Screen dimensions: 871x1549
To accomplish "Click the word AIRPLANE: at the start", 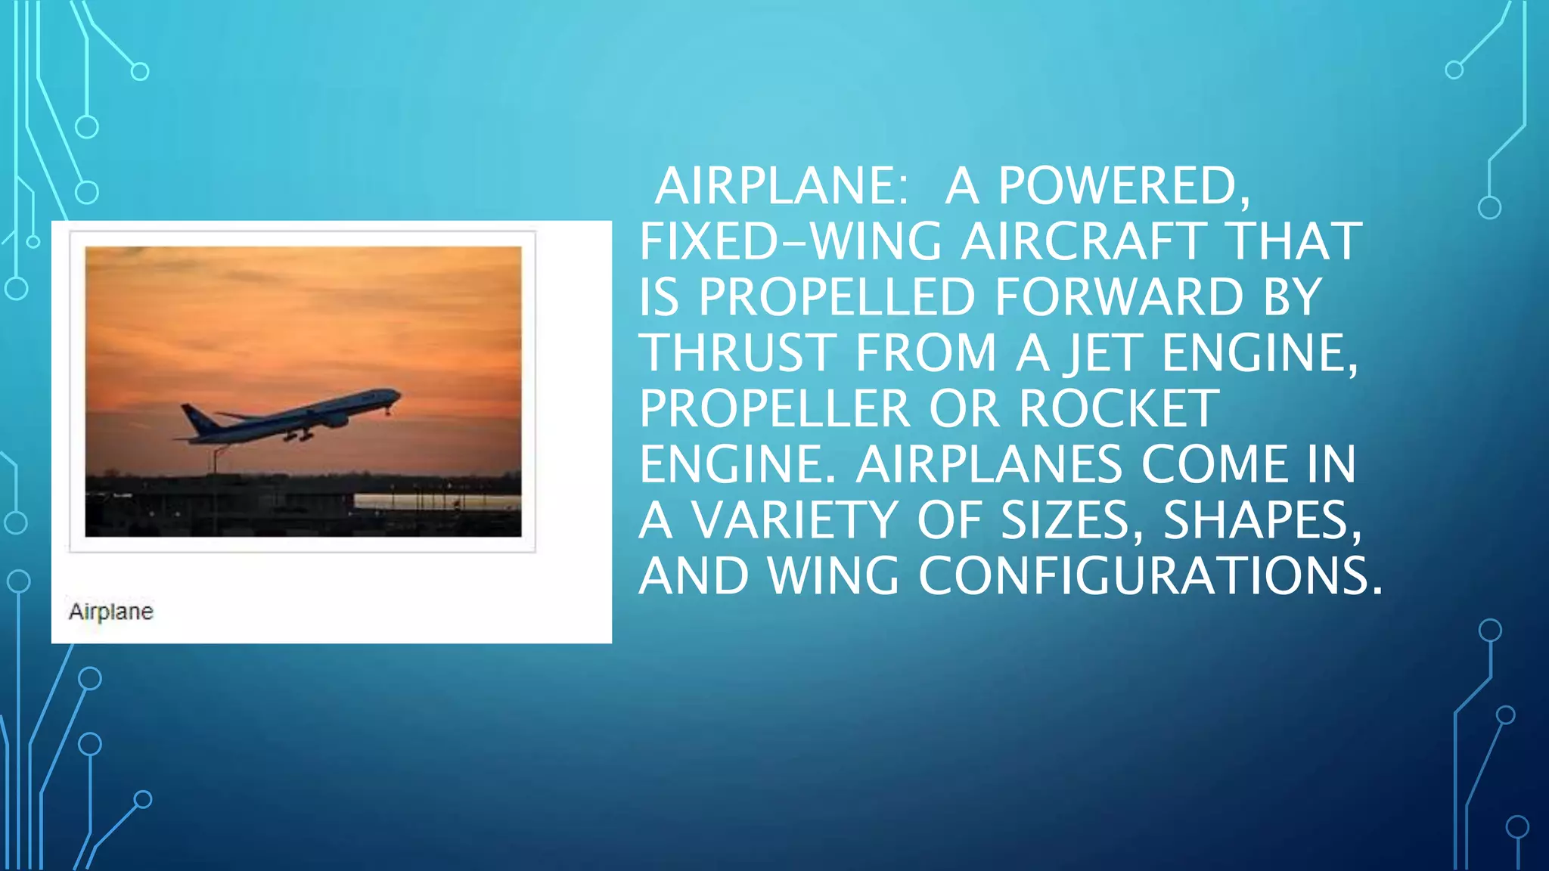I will coord(780,186).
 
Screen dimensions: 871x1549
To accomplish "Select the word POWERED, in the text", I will coord(1124,186).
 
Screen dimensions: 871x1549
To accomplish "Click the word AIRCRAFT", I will coord(1083,242).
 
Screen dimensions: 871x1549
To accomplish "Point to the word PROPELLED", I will coord(837,297).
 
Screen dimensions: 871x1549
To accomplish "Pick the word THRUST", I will coord(737,353).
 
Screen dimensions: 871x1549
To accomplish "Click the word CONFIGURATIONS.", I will coord(1150,576).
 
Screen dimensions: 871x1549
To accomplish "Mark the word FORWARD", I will coord(1119,297).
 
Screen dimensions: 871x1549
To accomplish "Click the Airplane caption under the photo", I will coord(111,611).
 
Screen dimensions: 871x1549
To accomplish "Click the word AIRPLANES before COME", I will coord(989,464).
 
